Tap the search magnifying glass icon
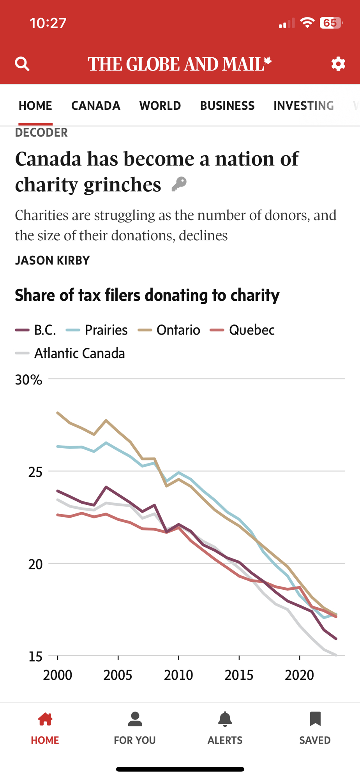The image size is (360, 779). coord(22,63)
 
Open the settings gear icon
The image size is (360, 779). coord(338,63)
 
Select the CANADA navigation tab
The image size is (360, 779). coord(96,106)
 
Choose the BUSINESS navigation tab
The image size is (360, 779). coord(227,106)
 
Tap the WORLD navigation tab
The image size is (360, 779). coord(160,106)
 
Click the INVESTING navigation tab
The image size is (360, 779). coord(304,106)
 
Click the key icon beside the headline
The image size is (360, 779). coord(179,184)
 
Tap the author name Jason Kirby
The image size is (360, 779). coord(52,260)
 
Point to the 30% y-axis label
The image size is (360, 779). coord(28,380)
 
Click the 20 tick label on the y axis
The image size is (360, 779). coord(35,564)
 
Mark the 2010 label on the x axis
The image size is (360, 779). coord(178,675)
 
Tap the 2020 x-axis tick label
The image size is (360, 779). coord(299,675)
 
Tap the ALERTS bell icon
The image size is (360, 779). coord(225,719)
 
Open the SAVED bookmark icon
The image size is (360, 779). coord(315,719)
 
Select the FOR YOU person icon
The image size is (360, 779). coord(135,719)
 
